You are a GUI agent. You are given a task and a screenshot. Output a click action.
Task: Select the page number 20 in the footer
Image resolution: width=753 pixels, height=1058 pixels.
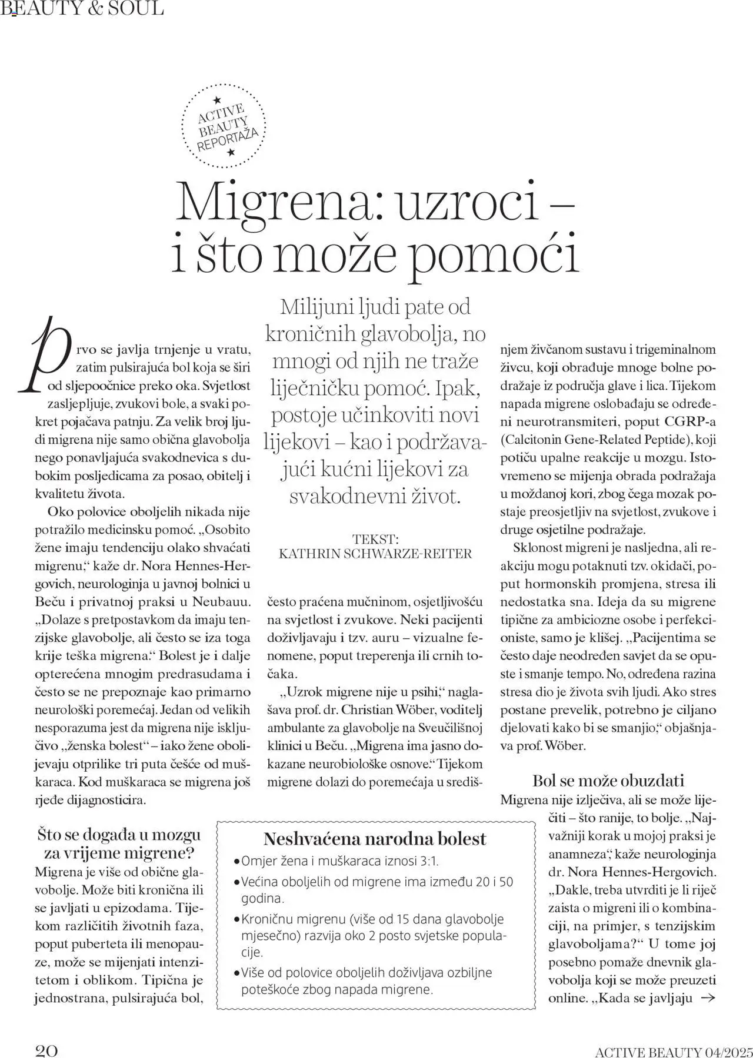point(46,1045)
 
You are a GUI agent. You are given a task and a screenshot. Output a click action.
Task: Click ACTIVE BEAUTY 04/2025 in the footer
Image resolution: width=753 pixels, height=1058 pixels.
point(674,1047)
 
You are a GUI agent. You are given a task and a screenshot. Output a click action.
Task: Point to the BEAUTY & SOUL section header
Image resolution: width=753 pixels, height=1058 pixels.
point(82,8)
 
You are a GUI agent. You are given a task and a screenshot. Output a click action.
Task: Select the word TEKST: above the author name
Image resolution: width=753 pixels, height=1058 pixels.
point(375,539)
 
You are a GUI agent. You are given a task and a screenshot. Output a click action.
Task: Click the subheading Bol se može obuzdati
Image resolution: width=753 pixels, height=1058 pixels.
point(608,781)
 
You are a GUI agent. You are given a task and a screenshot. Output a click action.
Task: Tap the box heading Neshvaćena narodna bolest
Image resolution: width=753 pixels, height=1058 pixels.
point(375,839)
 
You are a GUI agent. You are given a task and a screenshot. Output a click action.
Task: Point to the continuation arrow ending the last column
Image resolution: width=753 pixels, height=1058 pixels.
point(708,997)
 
